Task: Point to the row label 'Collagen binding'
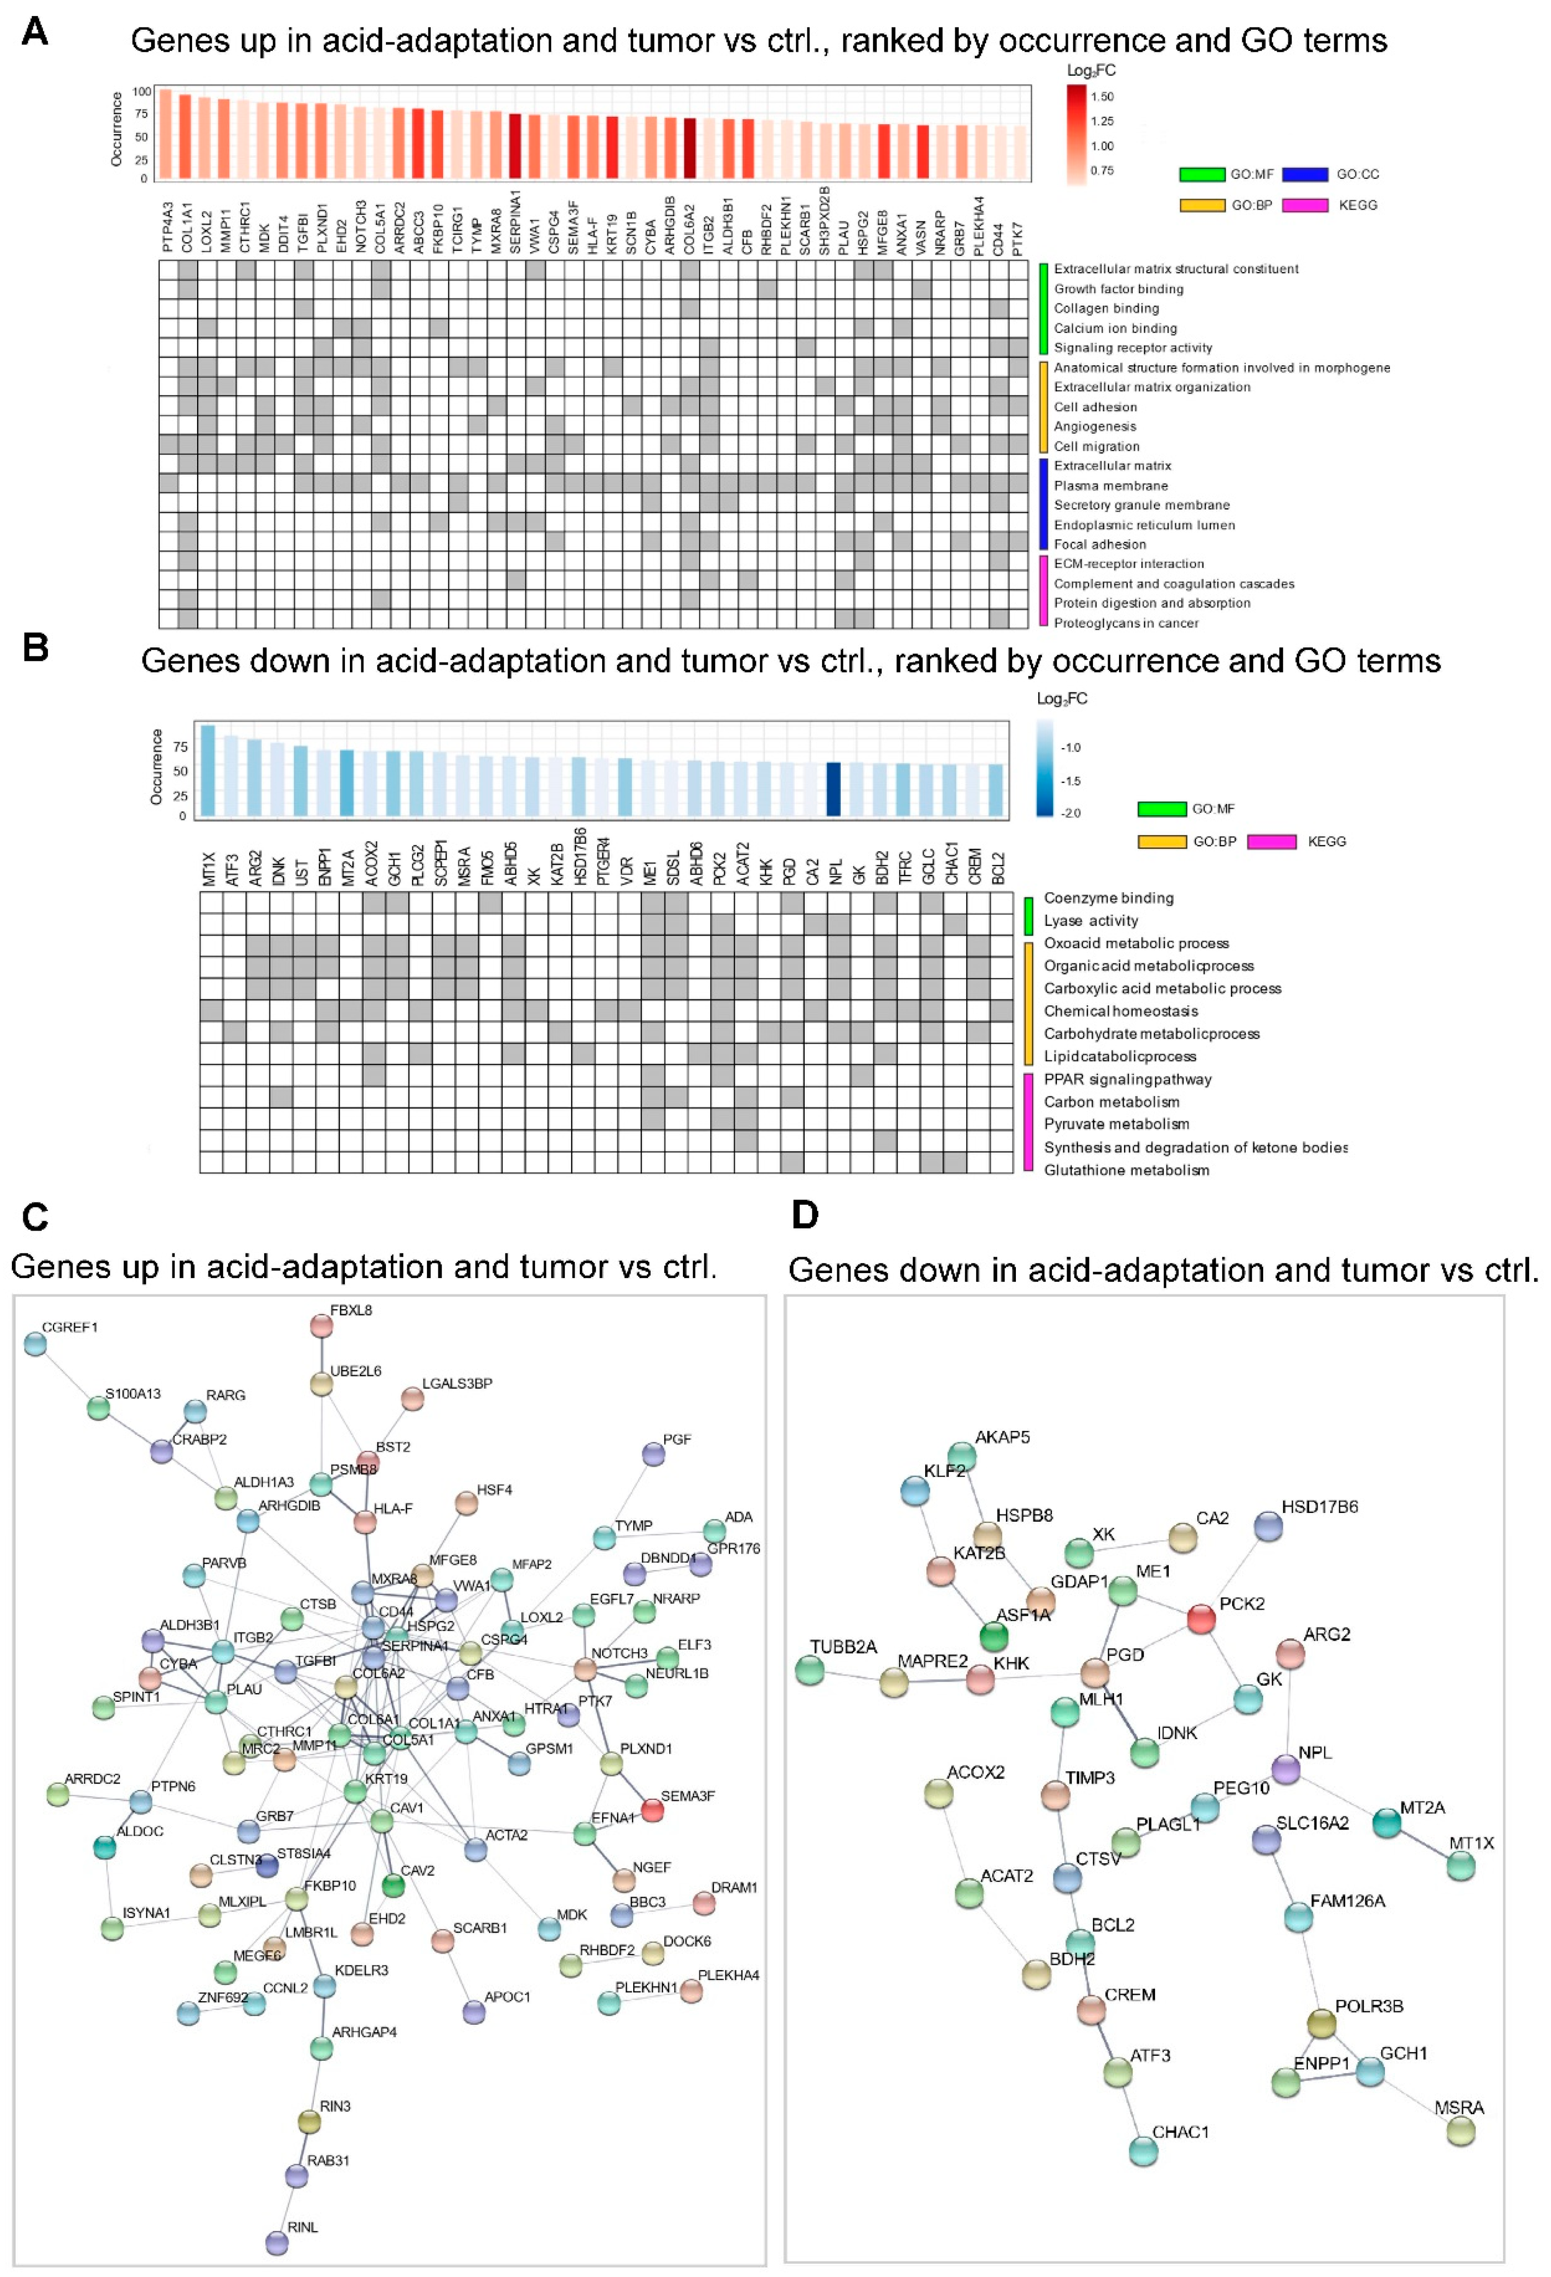coord(1106,309)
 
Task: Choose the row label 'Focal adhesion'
coord(1099,545)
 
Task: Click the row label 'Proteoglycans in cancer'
coord(1126,623)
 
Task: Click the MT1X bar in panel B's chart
coord(208,770)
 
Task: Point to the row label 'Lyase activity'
coord(1091,921)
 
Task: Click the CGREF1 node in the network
coord(35,1344)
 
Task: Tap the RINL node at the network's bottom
coord(277,2243)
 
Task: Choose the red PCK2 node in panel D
coord(1201,1620)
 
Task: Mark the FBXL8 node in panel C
coord(321,1326)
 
